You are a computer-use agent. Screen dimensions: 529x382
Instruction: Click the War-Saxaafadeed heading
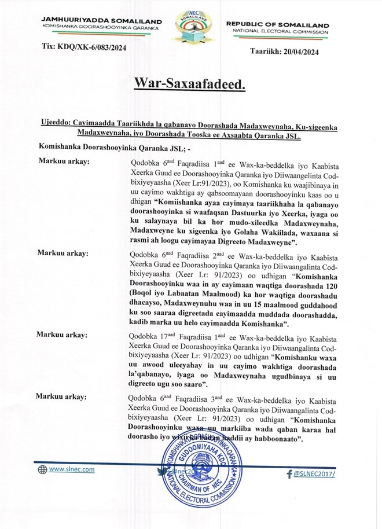(x=190, y=84)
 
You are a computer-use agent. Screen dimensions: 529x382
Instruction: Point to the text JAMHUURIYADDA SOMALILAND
(x=102, y=20)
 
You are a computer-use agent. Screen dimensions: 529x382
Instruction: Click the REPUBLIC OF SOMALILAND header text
(x=277, y=25)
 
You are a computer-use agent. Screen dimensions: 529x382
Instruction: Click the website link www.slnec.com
(x=71, y=469)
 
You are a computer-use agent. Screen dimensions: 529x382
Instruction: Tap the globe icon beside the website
(x=42, y=470)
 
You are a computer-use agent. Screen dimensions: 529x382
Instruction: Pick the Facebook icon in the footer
(x=289, y=475)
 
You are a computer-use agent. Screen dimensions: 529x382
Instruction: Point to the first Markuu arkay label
(x=63, y=160)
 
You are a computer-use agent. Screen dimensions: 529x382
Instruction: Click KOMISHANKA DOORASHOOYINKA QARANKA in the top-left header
(x=102, y=27)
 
